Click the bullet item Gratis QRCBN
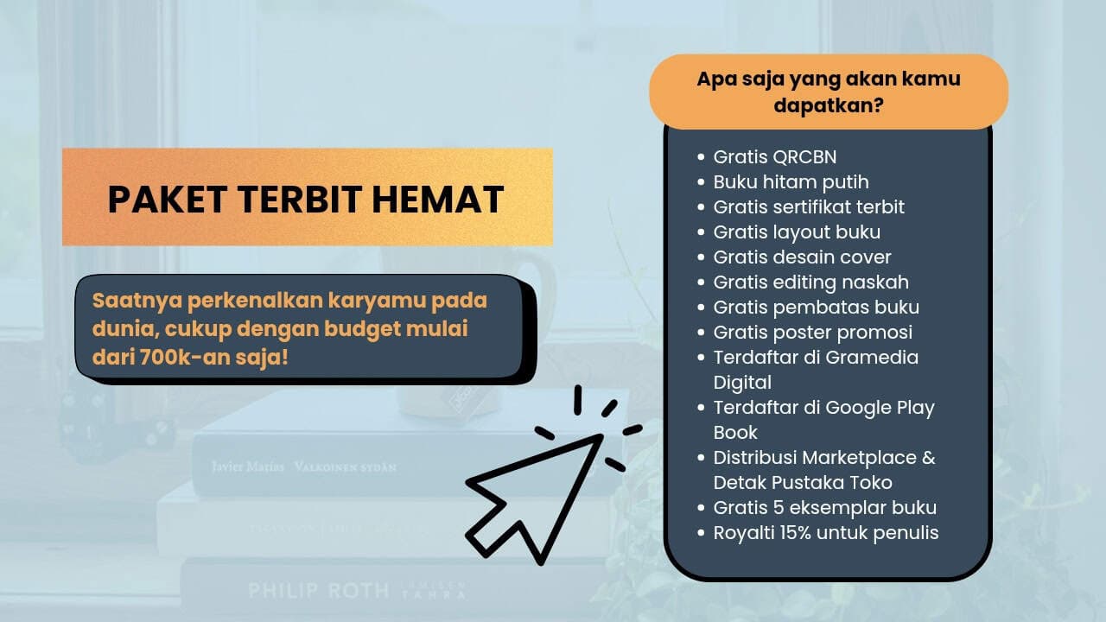pos(774,157)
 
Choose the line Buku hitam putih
pos(791,182)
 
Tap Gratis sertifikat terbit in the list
pos(809,207)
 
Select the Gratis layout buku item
pos(797,232)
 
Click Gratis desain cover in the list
pos(802,257)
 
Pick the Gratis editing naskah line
pos(810,282)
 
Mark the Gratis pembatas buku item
pos(816,308)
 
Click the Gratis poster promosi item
pos(812,333)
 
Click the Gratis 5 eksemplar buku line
pos(824,508)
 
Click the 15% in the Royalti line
pos(804,533)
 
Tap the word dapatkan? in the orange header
pos(828,105)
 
